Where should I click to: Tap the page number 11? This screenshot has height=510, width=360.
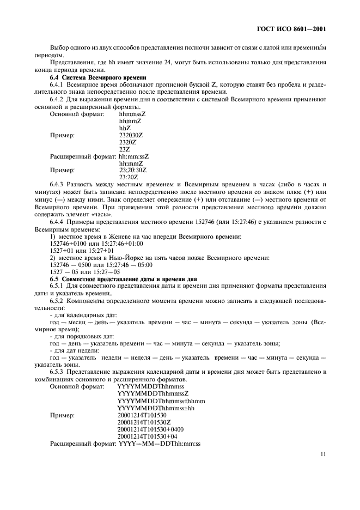[x=322, y=453]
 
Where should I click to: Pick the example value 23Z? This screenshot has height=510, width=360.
[x=124, y=149]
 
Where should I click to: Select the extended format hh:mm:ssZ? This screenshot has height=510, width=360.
[x=134, y=156]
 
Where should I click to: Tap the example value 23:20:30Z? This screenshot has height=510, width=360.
[x=133, y=170]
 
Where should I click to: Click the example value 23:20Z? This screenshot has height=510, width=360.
[x=129, y=177]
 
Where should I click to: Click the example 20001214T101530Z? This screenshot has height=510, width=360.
[x=144, y=422]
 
